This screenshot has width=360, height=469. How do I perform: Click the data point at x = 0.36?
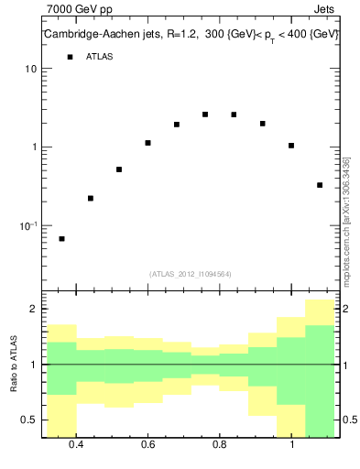point(61,239)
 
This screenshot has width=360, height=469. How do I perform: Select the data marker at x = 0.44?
point(91,199)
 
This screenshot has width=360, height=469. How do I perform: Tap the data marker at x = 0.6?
point(147,143)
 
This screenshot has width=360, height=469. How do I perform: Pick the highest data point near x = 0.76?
point(205,115)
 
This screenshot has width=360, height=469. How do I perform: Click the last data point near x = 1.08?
point(320,185)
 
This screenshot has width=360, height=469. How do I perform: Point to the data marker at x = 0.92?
point(262,124)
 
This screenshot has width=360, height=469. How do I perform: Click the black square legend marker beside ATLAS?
point(70,57)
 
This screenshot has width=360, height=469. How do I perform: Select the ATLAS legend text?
point(100,57)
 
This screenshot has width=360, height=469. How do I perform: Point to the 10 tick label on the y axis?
point(30,70)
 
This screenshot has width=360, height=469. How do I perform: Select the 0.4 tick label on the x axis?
point(76,446)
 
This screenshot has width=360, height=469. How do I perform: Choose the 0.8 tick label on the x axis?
point(220,446)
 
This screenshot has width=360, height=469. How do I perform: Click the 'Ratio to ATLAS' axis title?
point(15,364)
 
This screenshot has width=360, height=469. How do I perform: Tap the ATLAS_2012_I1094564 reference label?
point(191,274)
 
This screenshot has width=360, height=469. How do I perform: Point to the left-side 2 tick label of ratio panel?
point(33,310)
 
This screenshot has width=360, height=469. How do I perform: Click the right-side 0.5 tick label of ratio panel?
point(350,420)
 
